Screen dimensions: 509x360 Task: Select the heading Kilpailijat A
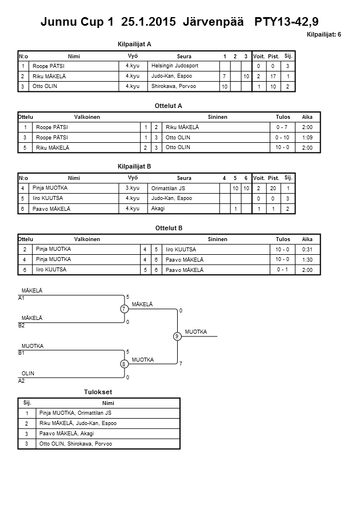pos(134,43)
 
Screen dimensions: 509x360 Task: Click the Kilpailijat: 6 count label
pos(324,35)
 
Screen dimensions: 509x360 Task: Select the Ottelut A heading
pos(169,106)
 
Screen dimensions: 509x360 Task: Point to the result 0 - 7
pos(282,127)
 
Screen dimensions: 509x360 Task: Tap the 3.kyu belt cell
pos(133,188)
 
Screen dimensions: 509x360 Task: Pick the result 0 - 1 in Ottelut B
pos(282,269)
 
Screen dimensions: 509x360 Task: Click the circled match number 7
pos(123,309)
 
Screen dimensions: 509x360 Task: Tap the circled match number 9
pos(177,336)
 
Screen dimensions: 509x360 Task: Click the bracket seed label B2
pos(22,325)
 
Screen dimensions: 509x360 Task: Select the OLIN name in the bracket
pos(27,373)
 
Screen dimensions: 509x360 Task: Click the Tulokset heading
pos(98,392)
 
